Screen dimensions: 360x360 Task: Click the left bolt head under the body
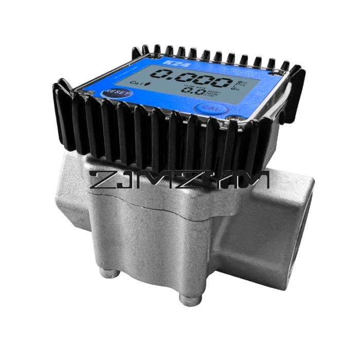pyautogui.click(x=107, y=272)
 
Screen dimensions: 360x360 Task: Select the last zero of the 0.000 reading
pyautogui.click(x=219, y=82)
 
